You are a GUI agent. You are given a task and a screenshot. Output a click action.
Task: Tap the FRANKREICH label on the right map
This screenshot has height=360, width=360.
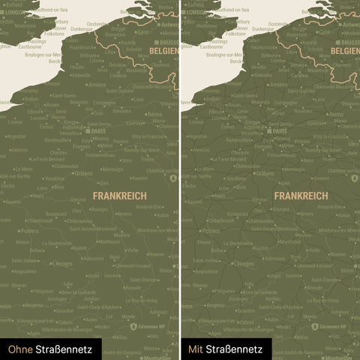click(x=301, y=194)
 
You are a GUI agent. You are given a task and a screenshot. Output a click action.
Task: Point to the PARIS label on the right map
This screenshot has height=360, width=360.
click(x=280, y=130)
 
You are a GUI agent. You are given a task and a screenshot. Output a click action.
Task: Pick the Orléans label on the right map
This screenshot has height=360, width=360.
click(x=265, y=173)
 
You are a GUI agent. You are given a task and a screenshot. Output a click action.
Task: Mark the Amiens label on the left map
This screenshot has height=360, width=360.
click(x=96, y=85)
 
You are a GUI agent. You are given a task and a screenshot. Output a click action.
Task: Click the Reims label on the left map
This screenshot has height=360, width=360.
click(x=155, y=114)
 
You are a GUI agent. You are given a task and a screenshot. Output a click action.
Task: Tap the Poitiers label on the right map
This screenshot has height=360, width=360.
click(x=211, y=231)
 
